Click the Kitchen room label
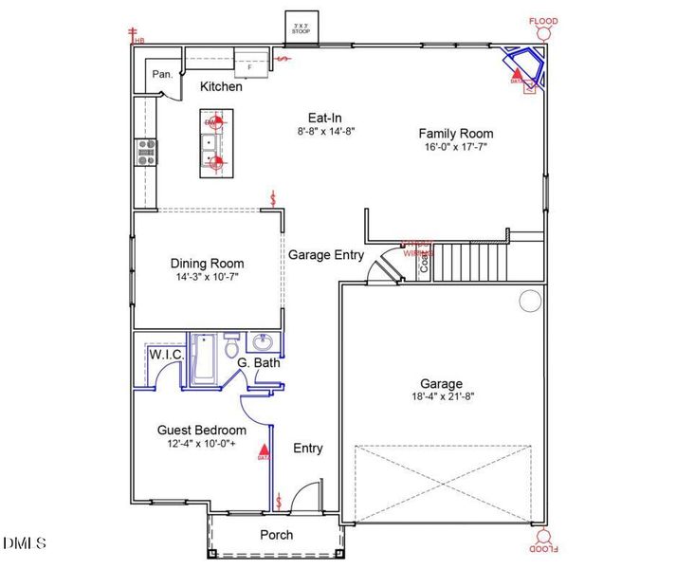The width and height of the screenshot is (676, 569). tap(221, 86)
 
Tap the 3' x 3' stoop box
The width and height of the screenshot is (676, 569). tap(303, 27)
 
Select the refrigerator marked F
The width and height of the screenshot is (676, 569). tap(250, 65)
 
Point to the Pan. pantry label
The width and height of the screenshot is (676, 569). tap(160, 74)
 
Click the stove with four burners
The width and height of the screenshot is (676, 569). tap(147, 153)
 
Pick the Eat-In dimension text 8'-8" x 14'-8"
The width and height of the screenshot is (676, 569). tap(323, 132)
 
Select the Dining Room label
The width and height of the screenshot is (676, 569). tap(207, 264)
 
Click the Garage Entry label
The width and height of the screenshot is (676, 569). tap(326, 254)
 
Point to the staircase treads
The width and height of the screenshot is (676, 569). tap(470, 260)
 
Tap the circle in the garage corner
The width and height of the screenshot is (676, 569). tap(529, 302)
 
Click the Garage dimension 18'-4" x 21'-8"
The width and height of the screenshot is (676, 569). tap(441, 396)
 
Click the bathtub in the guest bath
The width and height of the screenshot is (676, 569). tap(203, 361)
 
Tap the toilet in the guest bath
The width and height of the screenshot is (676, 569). tap(230, 347)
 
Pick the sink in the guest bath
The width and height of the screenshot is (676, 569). tap(263, 342)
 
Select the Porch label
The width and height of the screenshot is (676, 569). tap(276, 535)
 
